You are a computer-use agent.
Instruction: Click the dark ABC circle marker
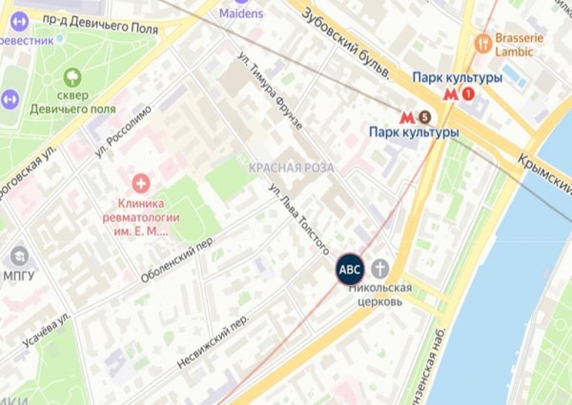click(x=350, y=269)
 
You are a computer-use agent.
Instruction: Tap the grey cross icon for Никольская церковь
click(x=380, y=268)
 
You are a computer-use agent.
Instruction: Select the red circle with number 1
click(x=468, y=94)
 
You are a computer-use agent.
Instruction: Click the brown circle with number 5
click(x=424, y=117)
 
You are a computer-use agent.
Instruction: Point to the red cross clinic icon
click(x=141, y=184)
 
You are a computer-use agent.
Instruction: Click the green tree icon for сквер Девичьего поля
click(x=72, y=77)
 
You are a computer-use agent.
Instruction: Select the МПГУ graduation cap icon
click(x=19, y=256)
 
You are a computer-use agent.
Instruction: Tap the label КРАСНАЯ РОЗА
click(x=291, y=168)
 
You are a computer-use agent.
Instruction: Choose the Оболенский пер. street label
click(x=177, y=260)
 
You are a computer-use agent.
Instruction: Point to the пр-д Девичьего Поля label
click(x=100, y=23)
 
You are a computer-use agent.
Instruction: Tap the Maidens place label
click(x=241, y=13)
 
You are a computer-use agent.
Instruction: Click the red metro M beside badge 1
click(x=451, y=94)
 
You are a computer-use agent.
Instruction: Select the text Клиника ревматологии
click(x=141, y=211)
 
